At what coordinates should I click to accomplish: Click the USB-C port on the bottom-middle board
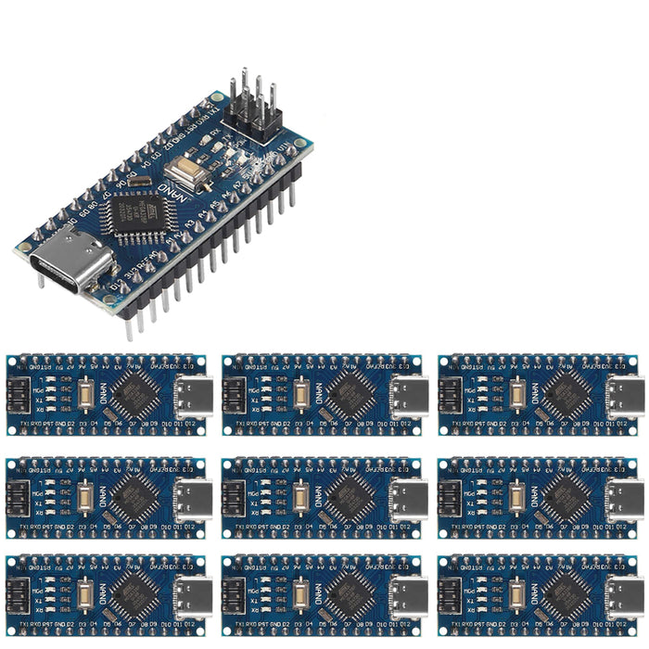coord(408,596)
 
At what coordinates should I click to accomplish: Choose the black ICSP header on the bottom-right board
coord(452,596)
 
